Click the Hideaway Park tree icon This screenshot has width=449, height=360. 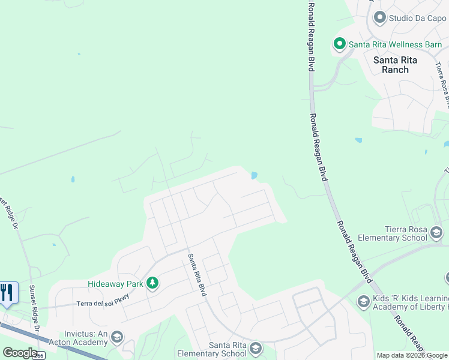(153, 283)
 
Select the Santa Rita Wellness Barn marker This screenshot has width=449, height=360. (339, 44)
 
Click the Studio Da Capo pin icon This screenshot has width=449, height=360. (379, 18)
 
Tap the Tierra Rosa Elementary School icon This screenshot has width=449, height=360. (436, 233)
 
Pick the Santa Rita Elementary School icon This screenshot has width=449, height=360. (256, 349)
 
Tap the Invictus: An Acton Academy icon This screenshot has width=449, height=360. (117, 337)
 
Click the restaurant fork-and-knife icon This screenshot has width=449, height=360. (8, 292)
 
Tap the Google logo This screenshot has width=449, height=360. (20, 353)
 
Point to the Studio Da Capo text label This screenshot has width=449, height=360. (417, 18)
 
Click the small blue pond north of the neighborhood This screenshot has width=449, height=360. (254, 176)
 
